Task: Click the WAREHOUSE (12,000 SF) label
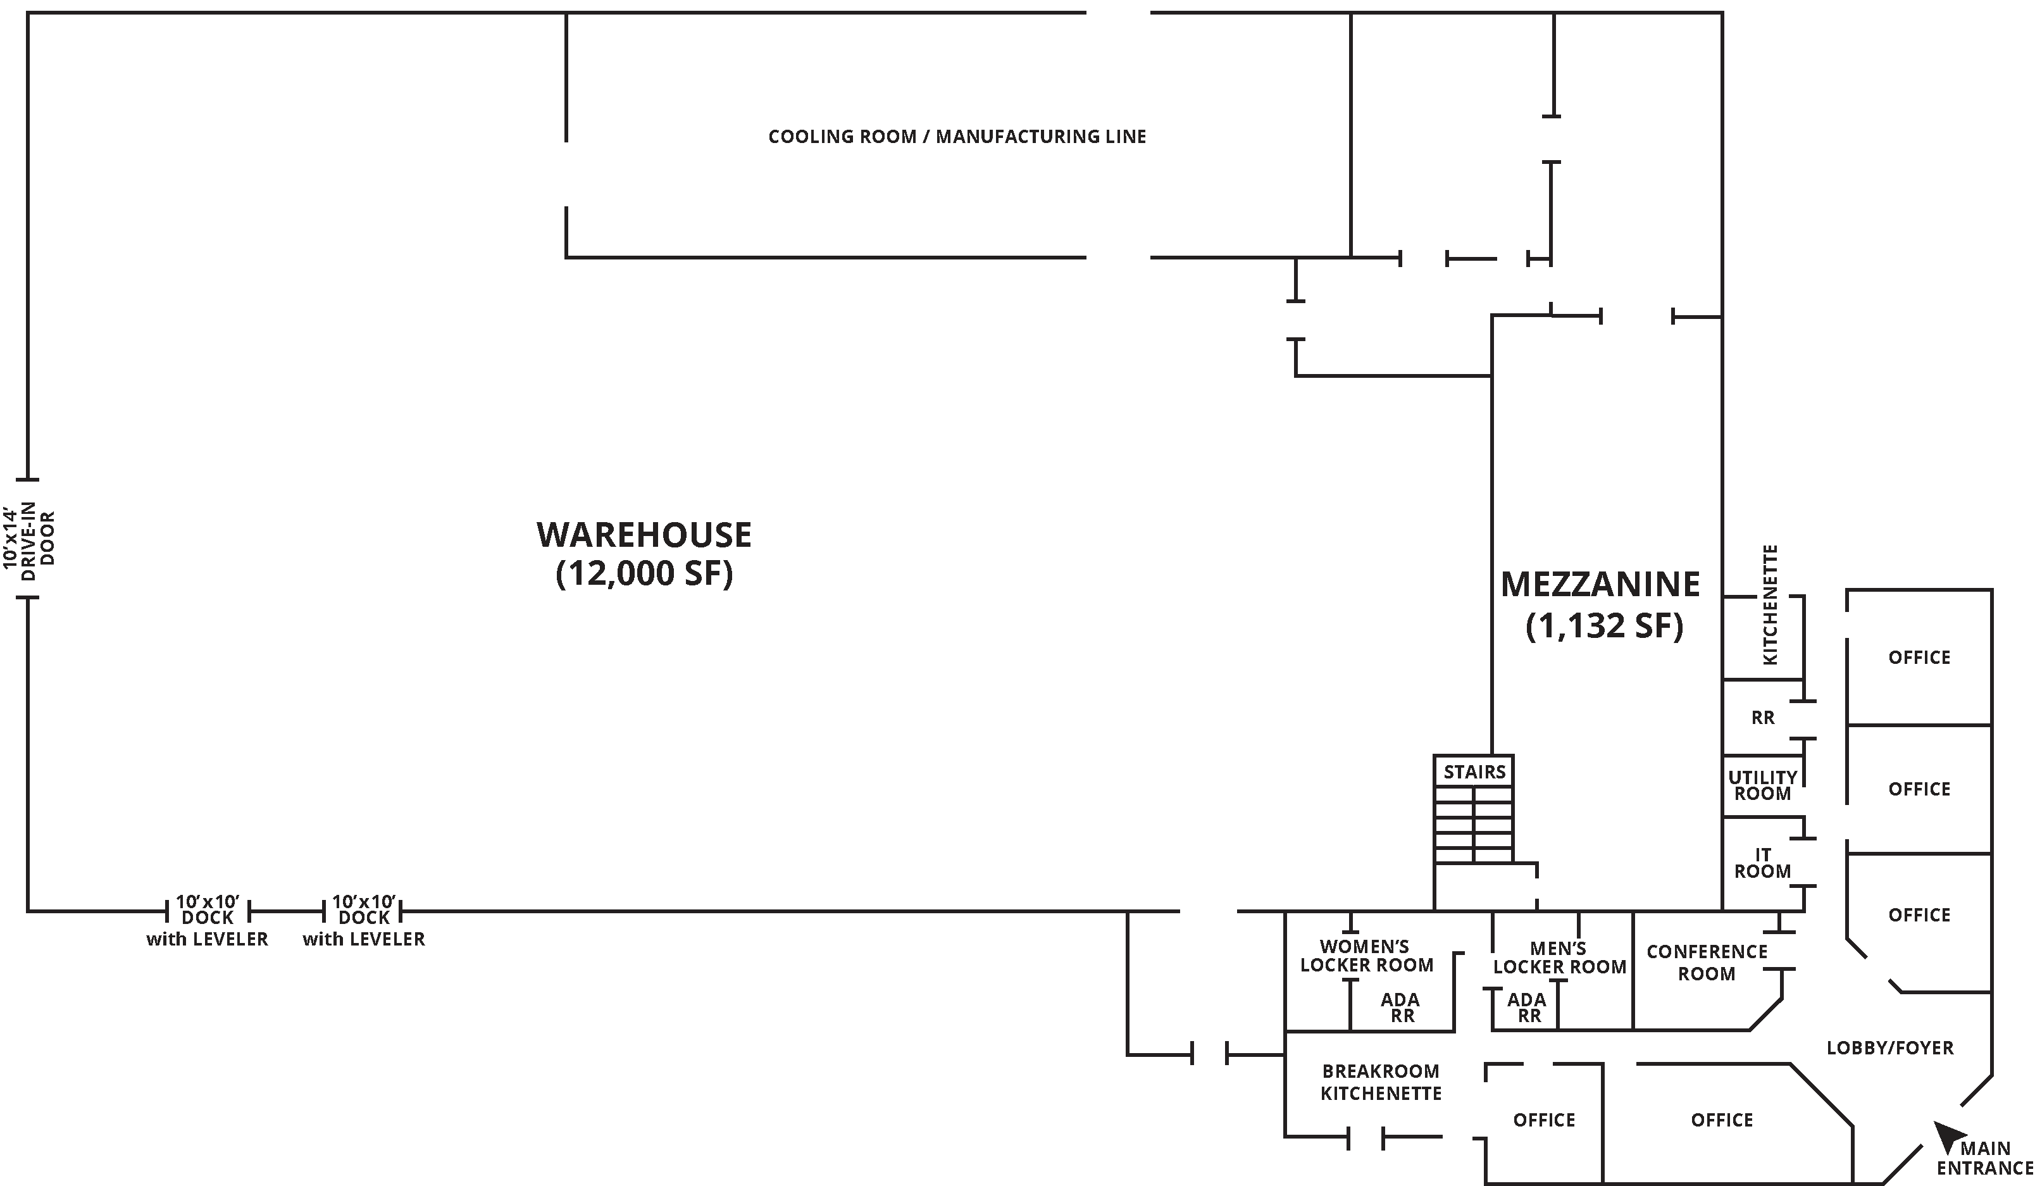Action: click(x=644, y=554)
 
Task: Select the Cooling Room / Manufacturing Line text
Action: click(x=956, y=137)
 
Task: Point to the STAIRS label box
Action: click(x=1474, y=771)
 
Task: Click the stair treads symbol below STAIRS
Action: click(x=1473, y=825)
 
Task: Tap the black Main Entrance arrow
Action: click(x=1946, y=1135)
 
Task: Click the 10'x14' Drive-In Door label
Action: click(x=29, y=538)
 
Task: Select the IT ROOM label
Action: click(x=1762, y=863)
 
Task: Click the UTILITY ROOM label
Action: click(x=1762, y=785)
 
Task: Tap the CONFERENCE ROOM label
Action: click(x=1707, y=962)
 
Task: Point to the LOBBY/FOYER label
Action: click(x=1889, y=1048)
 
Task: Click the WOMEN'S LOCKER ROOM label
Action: click(x=1366, y=956)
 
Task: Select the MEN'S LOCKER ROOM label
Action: click(x=1559, y=958)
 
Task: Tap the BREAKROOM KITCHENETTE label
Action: click(x=1381, y=1082)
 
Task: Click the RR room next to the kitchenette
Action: click(x=1762, y=718)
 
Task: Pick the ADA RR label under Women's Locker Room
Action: click(x=1400, y=1007)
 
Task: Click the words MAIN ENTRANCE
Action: click(x=1985, y=1158)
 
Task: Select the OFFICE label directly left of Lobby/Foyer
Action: click(x=1722, y=1120)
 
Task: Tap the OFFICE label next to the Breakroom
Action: click(x=1543, y=1120)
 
